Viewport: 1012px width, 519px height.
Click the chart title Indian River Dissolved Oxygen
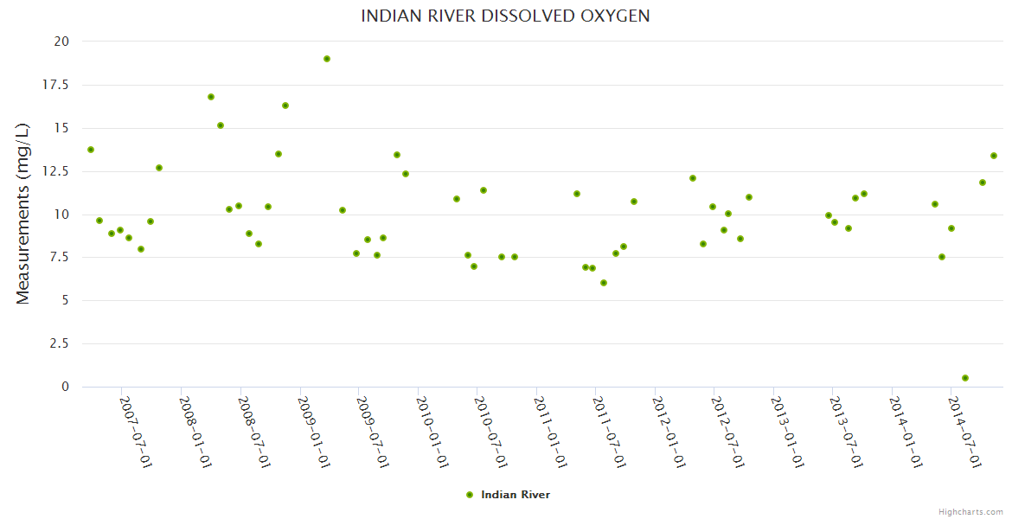505,16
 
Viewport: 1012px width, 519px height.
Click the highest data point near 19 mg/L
327,59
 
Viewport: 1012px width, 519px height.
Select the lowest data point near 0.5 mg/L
965,378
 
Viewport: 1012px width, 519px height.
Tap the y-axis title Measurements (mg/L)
23,213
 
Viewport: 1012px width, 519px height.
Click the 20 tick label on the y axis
61,42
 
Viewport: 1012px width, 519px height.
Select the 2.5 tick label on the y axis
60,343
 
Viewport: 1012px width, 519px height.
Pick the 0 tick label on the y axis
65,387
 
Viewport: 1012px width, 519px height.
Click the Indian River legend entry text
516,495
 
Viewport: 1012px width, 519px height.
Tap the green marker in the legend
470,495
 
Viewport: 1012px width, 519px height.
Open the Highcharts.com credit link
970,512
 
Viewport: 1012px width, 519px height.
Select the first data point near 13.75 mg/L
91,150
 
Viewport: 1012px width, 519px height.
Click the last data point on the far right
994,156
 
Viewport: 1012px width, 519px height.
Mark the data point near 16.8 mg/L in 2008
211,97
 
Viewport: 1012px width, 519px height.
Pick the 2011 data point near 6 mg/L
604,283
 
